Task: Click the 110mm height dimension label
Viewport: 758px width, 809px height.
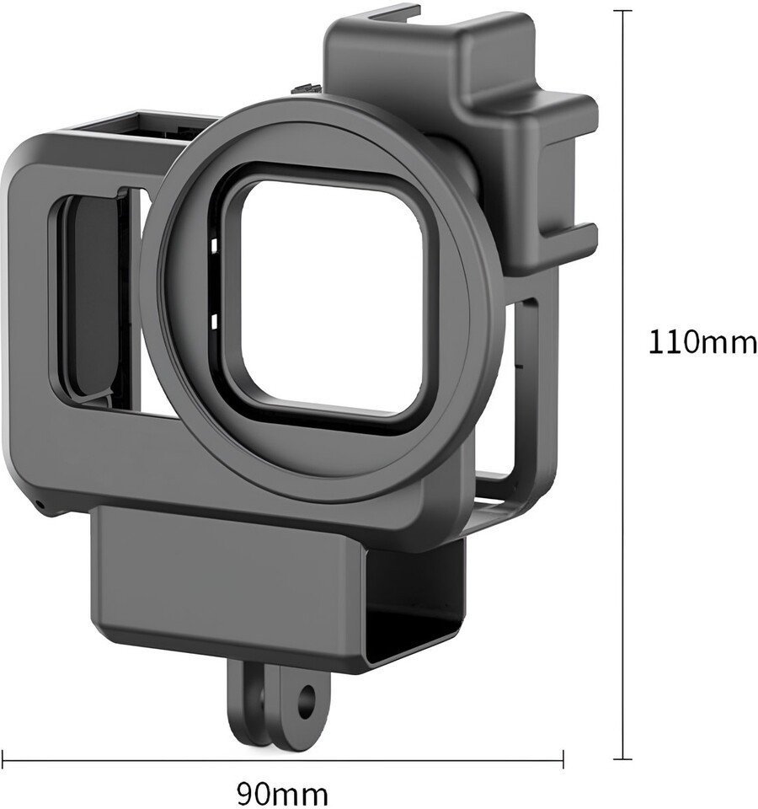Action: pyautogui.click(x=702, y=342)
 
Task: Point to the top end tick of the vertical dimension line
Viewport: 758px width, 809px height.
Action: pyautogui.click(x=623, y=10)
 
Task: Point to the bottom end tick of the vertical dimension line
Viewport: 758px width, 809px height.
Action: pyautogui.click(x=623, y=759)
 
